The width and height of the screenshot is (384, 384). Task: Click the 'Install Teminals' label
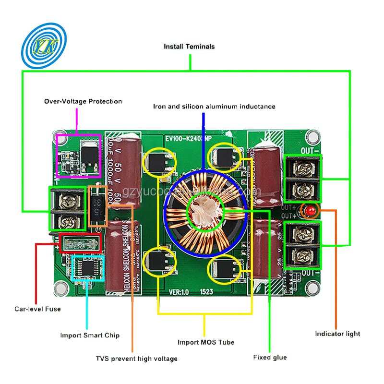189,47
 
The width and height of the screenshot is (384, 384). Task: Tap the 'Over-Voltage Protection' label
83,101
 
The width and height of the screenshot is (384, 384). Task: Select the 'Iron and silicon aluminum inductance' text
214,106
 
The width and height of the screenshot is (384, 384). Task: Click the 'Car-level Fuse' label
37,309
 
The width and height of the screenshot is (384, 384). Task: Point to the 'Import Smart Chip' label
90,335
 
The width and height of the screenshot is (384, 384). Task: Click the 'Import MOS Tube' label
206,342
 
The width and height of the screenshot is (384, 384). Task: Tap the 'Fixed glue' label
270,357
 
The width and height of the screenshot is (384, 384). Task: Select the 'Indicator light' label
337,334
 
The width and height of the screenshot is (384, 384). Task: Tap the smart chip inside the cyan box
88,268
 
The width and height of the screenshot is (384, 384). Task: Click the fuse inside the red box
80,243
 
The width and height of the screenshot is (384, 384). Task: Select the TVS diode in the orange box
99,206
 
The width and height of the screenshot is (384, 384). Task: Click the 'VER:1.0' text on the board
180,291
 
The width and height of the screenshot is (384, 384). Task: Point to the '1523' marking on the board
207,291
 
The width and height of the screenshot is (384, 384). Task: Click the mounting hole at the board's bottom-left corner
60,288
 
